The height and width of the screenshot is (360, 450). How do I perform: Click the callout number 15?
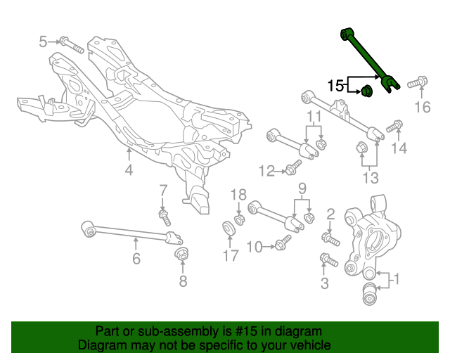[336, 86]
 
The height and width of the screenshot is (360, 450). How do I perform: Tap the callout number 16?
[421, 107]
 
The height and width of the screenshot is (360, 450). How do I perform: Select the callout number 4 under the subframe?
[129, 169]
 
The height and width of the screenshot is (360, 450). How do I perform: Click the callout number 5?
[44, 41]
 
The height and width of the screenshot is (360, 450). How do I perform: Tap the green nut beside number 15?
[366, 91]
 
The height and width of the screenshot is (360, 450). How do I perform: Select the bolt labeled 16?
[416, 83]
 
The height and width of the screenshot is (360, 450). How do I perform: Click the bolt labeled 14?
[394, 127]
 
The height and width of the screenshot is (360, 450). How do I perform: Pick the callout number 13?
[370, 177]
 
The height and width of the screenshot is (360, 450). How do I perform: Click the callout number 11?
[313, 115]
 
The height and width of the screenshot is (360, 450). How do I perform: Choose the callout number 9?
[302, 188]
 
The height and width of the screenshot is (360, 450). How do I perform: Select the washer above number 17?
[229, 228]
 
